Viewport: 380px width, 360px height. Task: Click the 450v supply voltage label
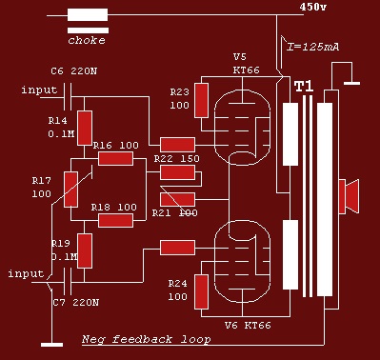pyautogui.click(x=312, y=7)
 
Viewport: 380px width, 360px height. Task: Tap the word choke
pyautogui.click(x=87, y=40)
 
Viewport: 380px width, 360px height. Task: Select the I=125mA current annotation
pyautogui.click(x=312, y=47)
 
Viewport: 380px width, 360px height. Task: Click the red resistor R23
pyautogui.click(x=202, y=100)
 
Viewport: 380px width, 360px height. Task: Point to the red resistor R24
pyautogui.click(x=202, y=291)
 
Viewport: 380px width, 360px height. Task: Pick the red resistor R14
pyautogui.click(x=85, y=128)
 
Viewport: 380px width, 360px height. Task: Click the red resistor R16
pyautogui.click(x=115, y=158)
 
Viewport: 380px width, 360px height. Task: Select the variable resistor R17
pyautogui.click(x=70, y=190)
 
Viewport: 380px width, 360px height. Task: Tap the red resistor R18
pyautogui.click(x=115, y=220)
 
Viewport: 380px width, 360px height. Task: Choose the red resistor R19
pyautogui.click(x=85, y=250)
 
